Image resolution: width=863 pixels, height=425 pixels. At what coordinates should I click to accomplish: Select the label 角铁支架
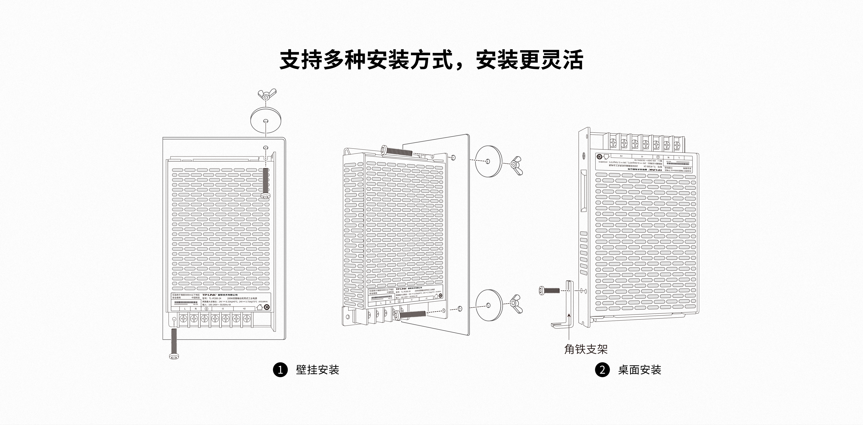pos(586,349)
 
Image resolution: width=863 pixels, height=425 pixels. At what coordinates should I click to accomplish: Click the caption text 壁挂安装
pos(318,370)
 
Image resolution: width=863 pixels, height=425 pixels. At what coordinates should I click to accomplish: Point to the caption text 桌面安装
pos(640,370)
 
